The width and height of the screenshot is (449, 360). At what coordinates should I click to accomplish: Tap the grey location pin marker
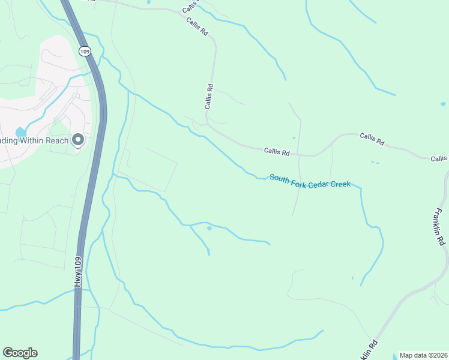tap(77, 140)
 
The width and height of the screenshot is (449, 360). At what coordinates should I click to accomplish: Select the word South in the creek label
tap(280, 178)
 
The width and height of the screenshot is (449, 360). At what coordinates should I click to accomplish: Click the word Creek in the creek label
tap(340, 184)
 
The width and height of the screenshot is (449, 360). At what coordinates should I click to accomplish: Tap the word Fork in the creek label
tap(299, 181)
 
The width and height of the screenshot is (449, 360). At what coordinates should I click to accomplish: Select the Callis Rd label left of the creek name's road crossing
tap(277, 152)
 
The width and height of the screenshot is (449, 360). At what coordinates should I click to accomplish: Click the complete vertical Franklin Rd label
tap(441, 226)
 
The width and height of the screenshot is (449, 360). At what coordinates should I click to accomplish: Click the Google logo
tap(20, 353)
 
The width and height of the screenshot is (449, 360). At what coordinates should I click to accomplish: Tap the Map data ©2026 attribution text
tap(423, 355)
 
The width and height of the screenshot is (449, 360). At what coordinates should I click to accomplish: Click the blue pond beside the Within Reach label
tap(20, 132)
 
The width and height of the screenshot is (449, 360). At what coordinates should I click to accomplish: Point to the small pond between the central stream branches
tap(209, 228)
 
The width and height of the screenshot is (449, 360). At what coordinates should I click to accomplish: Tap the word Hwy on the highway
tap(77, 283)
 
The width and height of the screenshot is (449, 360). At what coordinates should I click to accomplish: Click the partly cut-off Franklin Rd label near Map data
tap(370, 350)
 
